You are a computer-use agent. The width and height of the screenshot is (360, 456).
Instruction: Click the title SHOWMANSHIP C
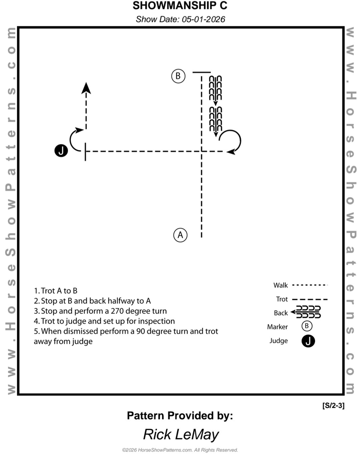tap(180, 6)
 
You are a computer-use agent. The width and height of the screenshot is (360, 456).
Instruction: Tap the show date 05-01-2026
tap(180, 19)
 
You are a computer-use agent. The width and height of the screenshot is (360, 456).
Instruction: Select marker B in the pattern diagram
tap(178, 76)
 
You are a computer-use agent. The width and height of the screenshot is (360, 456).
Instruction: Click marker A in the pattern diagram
tap(180, 235)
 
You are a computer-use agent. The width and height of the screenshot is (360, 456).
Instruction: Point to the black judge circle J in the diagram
tap(61, 151)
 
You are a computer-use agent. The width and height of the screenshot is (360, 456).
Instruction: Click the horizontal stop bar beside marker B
tap(201, 72)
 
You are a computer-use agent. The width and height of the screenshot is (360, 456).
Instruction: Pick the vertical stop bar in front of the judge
tap(85, 151)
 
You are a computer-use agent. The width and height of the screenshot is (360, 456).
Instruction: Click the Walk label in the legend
tap(280, 285)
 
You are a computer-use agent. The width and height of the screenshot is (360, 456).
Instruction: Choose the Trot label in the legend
tap(281, 299)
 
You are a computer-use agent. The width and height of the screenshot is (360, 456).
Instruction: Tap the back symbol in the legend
tap(306, 312)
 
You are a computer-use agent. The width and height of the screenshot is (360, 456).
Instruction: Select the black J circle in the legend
tap(308, 341)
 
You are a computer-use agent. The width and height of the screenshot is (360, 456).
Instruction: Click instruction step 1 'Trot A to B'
tap(58, 291)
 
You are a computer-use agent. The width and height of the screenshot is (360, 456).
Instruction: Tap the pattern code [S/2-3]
tap(333, 405)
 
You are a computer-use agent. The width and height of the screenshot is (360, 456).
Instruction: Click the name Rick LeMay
tap(180, 434)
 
